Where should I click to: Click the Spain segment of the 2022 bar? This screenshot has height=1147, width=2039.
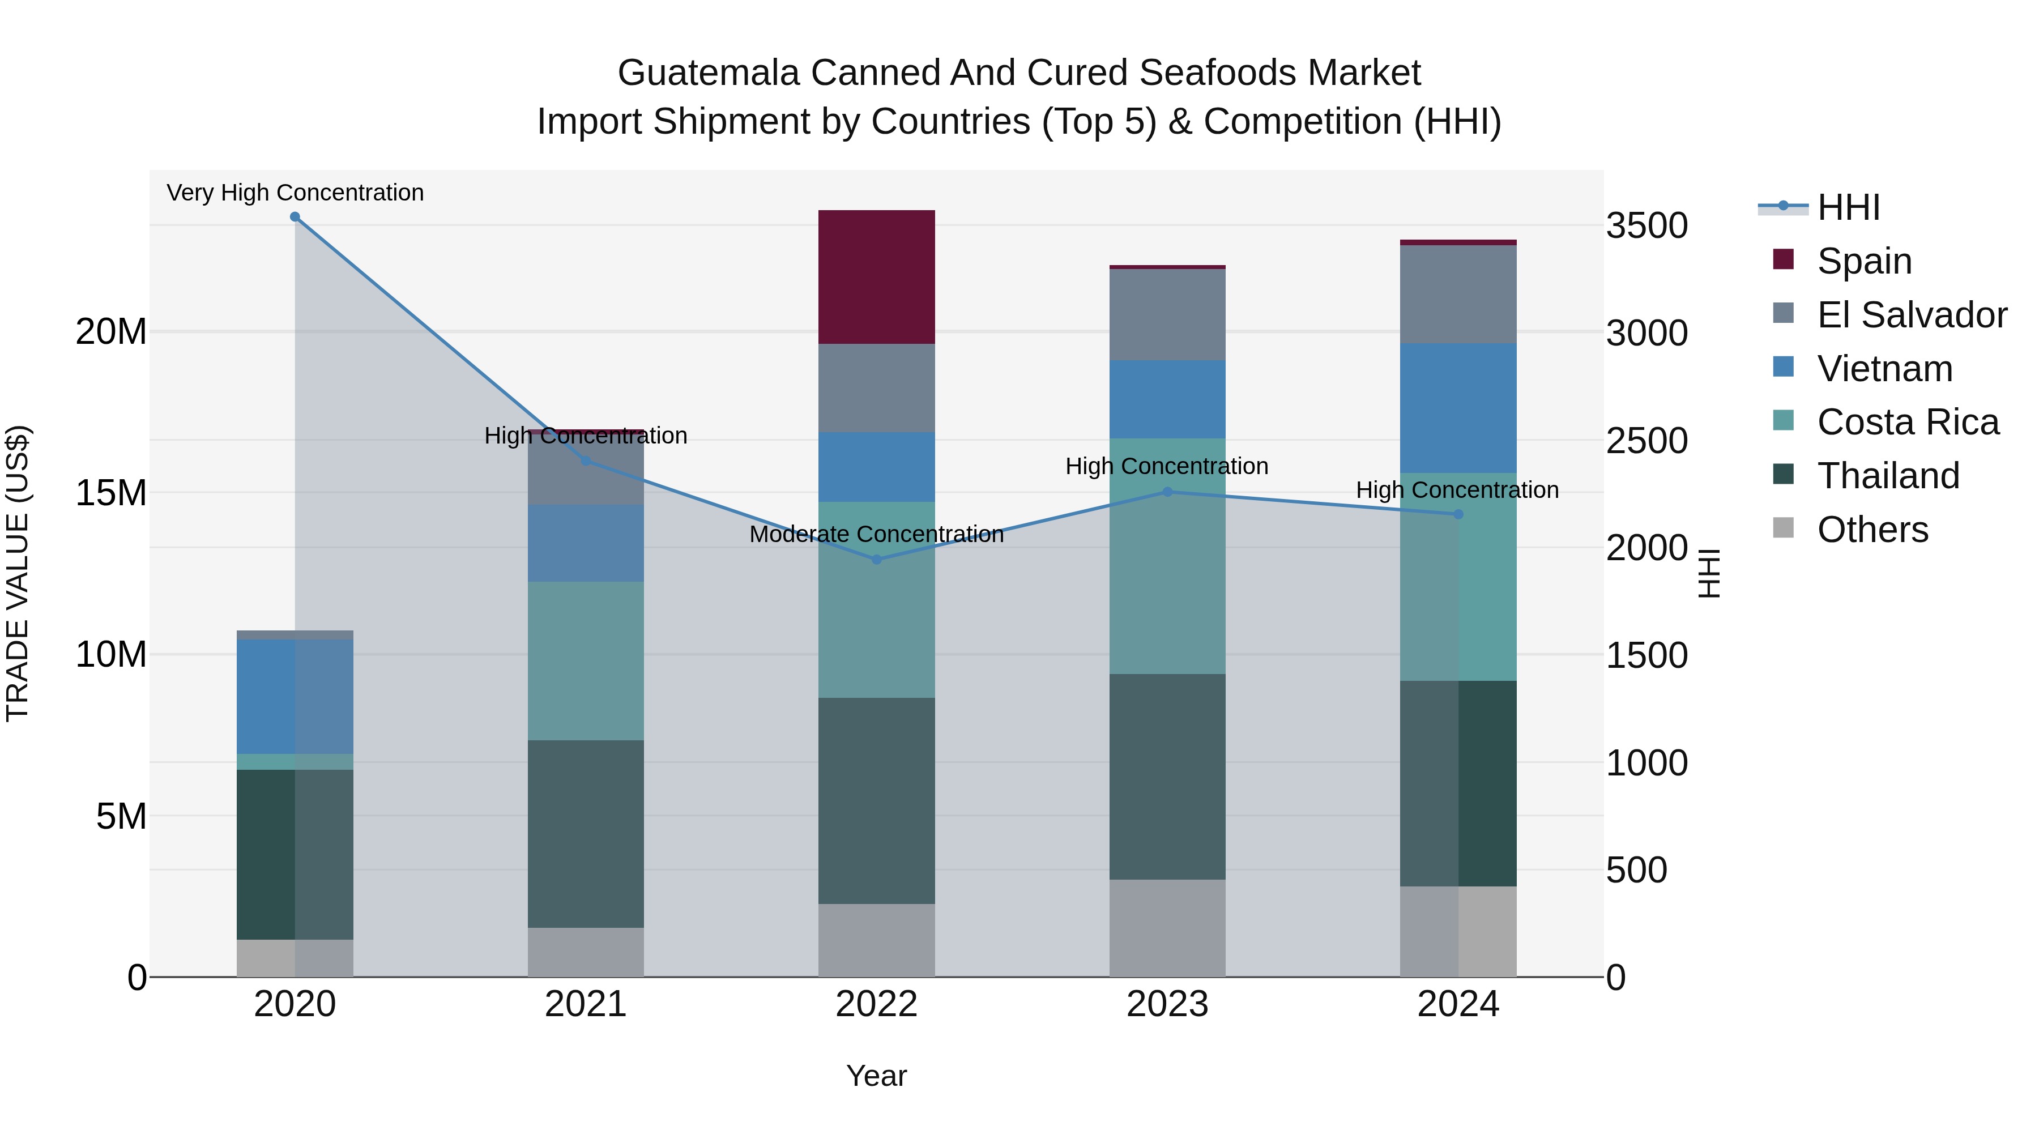[x=876, y=277]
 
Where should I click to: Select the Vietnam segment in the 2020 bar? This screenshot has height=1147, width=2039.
[x=295, y=697]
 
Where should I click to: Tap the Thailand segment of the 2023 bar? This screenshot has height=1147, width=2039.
[x=1167, y=777]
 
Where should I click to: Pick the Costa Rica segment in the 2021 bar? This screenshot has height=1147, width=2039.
[x=586, y=661]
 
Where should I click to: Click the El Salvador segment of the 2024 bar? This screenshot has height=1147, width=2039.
[x=1458, y=295]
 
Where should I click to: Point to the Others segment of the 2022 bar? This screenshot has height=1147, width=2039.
[x=876, y=940]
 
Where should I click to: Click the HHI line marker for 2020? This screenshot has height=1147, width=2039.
[x=295, y=217]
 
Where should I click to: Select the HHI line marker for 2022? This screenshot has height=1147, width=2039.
[x=876, y=560]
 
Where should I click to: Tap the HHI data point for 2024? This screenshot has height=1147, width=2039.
[x=1458, y=514]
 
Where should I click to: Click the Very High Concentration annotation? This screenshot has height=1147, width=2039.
[x=295, y=193]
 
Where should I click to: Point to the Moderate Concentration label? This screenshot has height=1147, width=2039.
[x=876, y=534]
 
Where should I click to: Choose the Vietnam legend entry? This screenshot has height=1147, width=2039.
[x=1884, y=369]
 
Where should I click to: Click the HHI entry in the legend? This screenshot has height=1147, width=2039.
[x=1848, y=207]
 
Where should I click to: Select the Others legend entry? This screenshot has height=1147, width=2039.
[x=1872, y=530]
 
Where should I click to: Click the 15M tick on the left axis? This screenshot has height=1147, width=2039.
[x=111, y=493]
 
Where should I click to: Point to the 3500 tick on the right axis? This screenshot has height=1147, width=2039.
[x=1646, y=225]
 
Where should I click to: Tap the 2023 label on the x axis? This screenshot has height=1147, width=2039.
[x=1167, y=1004]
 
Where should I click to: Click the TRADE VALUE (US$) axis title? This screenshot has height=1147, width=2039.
[x=18, y=573]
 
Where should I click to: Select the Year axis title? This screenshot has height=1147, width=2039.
[x=876, y=1076]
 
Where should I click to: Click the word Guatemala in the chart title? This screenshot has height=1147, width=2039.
[x=709, y=73]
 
